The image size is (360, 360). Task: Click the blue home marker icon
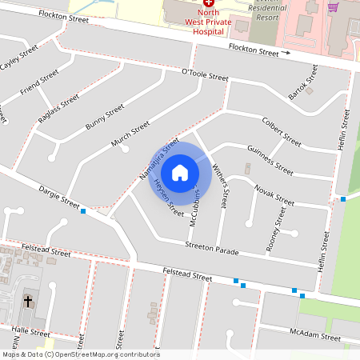point(180,172)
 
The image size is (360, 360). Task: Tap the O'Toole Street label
point(206,77)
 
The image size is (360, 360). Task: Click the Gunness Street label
point(270,158)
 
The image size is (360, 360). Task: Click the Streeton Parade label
point(212,249)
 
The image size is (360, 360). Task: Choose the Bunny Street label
point(105,116)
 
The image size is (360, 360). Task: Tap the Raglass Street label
point(58,109)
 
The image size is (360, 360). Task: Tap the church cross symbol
point(29,301)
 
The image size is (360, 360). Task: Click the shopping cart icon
point(332,6)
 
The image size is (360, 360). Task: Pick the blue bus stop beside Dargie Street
point(83,211)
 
